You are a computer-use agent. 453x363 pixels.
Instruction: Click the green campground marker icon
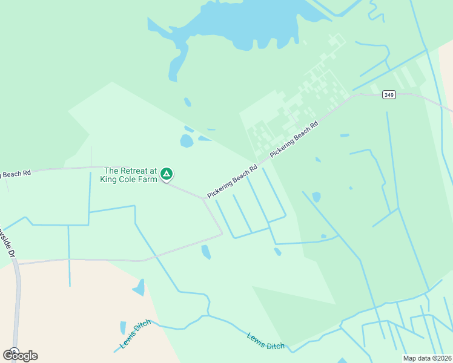tap(167, 174)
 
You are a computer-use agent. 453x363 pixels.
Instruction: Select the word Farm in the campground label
tap(147, 179)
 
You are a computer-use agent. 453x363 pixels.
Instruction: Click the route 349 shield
tap(389, 95)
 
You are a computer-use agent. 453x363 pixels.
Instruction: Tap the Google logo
tap(20, 355)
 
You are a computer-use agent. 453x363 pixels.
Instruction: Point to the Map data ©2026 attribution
tap(426, 358)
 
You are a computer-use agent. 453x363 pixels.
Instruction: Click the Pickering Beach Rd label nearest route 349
tap(294, 140)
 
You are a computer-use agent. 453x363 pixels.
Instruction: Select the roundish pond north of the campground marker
tap(187, 142)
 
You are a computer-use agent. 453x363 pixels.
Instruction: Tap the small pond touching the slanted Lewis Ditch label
tap(123, 328)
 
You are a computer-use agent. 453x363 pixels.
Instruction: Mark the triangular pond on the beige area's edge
tap(139, 287)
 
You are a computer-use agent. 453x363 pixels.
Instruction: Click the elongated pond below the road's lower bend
tap(206, 252)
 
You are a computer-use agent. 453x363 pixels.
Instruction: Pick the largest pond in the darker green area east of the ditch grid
tap(316, 197)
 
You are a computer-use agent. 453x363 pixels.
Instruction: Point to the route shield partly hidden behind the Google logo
tap(13, 350)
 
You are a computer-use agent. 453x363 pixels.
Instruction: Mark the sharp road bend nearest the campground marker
tap(203, 198)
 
